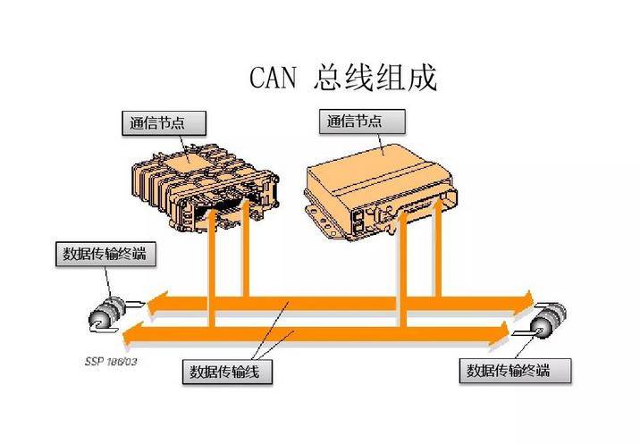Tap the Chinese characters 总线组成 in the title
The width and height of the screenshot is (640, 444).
[375, 79]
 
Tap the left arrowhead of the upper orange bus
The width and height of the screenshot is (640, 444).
[154, 305]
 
